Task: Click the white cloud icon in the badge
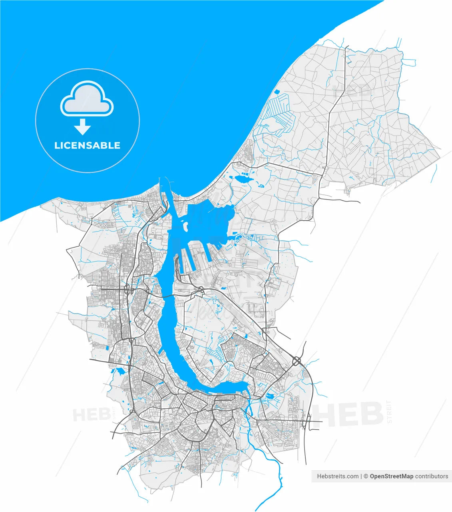[x=87, y=98]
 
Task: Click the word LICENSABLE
[x=87, y=145]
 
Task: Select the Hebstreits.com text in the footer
[x=338, y=476]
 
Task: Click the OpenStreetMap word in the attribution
[x=391, y=476]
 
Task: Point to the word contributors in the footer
[x=432, y=476]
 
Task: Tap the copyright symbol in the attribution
[x=365, y=476]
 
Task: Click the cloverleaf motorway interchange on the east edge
[x=297, y=361]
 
